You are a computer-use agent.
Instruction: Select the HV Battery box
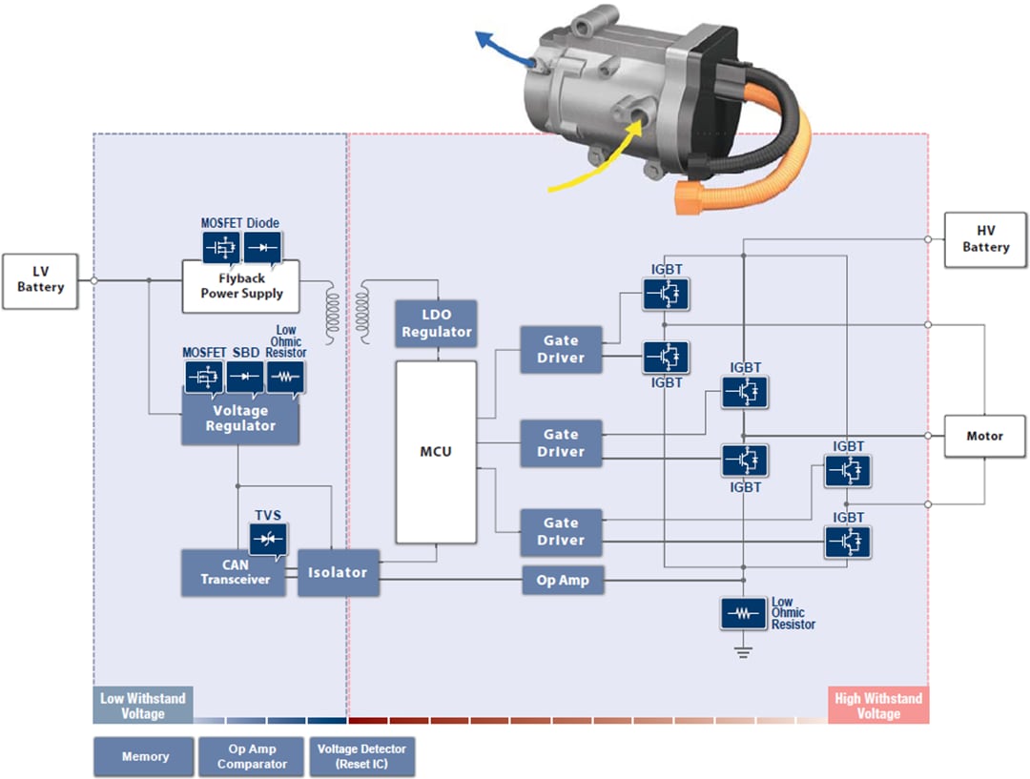(x=985, y=238)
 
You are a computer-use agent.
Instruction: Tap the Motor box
(x=984, y=436)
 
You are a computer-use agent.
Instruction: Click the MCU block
(x=436, y=452)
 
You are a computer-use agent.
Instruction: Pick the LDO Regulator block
(x=436, y=324)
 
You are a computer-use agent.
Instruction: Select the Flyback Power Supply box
(x=240, y=286)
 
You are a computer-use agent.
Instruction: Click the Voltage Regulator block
(x=240, y=419)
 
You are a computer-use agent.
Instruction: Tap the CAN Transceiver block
(x=233, y=572)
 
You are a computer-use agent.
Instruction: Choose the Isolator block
(x=338, y=573)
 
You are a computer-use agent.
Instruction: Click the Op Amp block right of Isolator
(x=563, y=580)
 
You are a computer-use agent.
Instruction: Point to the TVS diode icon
(x=267, y=540)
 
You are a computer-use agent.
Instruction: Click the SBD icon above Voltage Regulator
(x=245, y=377)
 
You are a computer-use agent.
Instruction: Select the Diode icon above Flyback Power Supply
(x=262, y=247)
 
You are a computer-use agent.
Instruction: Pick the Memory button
(x=144, y=757)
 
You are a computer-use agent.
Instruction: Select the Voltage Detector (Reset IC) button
(x=361, y=757)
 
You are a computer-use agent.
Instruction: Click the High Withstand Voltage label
(x=877, y=706)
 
